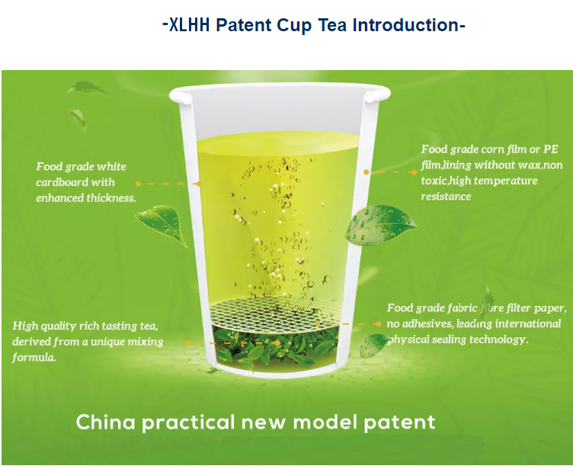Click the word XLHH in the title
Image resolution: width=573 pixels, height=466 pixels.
pyautogui.click(x=189, y=25)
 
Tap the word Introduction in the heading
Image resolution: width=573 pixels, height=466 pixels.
pyautogui.click(x=406, y=25)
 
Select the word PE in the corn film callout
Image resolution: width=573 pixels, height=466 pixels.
pyautogui.click(x=551, y=149)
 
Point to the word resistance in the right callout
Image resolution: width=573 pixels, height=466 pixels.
pyautogui.click(x=446, y=196)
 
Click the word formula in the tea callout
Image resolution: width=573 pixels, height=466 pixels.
pyautogui.click(x=34, y=357)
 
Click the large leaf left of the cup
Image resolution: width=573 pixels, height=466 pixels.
pyautogui.click(x=162, y=224)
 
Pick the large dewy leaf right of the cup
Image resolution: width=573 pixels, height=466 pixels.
pyautogui.click(x=380, y=224)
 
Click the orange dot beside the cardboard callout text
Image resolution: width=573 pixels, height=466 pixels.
pyautogui.click(x=138, y=184)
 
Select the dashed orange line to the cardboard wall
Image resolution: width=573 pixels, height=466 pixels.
pyautogui.click(x=168, y=184)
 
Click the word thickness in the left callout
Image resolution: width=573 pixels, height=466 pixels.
pyautogui.click(x=111, y=197)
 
